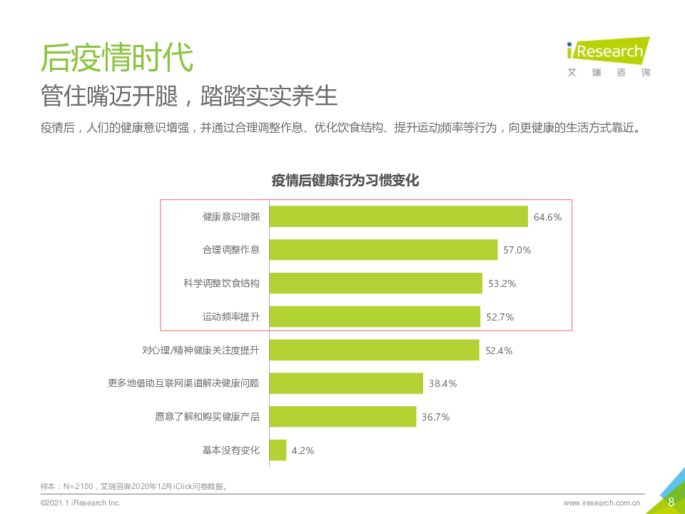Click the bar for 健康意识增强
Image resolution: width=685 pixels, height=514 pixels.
398,216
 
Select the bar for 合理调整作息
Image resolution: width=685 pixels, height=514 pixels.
383,250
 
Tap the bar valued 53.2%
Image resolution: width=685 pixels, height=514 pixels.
376,283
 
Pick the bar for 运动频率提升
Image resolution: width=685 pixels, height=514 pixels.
375,316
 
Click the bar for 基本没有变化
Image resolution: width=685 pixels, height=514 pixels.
278,450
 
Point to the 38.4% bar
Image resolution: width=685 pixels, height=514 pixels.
346,383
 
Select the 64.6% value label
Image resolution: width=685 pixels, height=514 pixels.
548,217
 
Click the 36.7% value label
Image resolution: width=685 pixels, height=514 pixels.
435,417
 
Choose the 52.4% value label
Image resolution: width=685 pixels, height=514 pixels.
499,351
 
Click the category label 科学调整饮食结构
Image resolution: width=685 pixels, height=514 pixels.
221,283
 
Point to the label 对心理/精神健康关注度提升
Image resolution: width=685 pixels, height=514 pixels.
201,351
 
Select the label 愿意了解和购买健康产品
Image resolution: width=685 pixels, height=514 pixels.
207,417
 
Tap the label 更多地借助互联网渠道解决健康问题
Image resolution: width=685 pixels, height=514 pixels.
183,383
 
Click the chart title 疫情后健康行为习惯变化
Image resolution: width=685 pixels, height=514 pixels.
345,181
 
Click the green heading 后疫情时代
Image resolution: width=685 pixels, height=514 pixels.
117,57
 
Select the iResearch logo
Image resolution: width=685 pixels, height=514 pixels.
608,55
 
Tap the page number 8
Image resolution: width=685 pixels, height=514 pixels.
671,501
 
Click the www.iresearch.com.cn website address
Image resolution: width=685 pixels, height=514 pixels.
602,503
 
